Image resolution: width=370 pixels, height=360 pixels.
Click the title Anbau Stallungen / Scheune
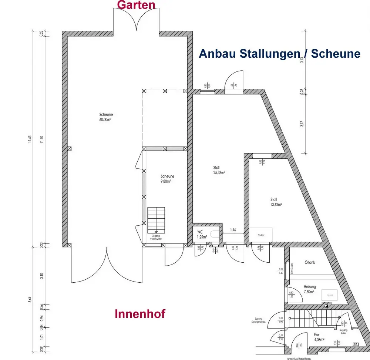[x=279, y=54]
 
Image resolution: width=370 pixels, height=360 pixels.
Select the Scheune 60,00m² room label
[x=106, y=117]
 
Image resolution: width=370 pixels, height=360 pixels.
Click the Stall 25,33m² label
[x=219, y=170]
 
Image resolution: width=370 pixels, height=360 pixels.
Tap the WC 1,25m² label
[x=202, y=234]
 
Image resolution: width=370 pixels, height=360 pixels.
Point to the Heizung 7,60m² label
[x=310, y=289]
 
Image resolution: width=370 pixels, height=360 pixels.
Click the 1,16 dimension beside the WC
[x=233, y=230]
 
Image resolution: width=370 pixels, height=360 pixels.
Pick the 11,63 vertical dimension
[x=30, y=140]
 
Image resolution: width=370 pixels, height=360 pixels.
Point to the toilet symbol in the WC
[x=215, y=234]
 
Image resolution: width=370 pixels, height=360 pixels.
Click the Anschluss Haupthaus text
[x=297, y=358]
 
